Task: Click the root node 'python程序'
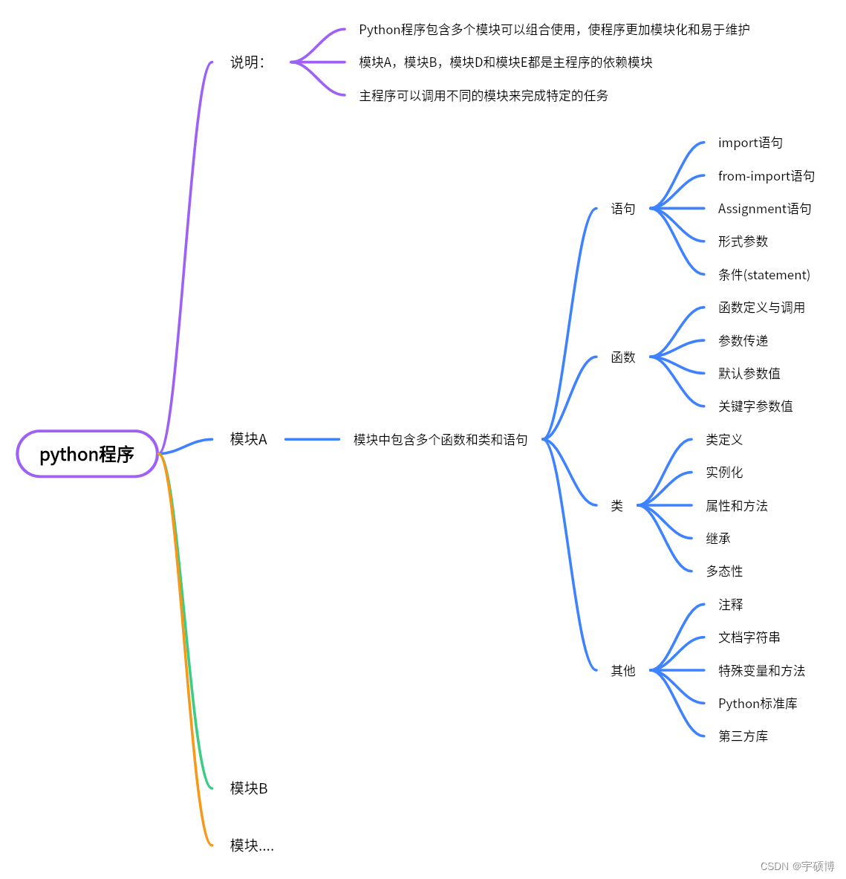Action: tap(87, 454)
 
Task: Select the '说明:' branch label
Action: tap(247, 62)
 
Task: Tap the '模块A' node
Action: tap(248, 439)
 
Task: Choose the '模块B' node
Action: tap(249, 788)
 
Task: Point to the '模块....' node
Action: tap(252, 845)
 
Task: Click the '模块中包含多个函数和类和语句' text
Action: tap(440, 440)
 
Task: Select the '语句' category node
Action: tap(623, 209)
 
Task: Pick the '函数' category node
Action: tap(623, 357)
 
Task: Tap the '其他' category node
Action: tap(623, 670)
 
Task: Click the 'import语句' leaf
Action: tap(750, 143)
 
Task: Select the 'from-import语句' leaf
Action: tap(767, 176)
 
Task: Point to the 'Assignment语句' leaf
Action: tap(765, 209)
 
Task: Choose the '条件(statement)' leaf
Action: tap(764, 275)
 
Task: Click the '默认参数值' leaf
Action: tap(749, 373)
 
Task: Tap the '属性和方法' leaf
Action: tap(737, 506)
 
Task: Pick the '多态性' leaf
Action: tap(724, 571)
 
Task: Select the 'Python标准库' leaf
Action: tap(758, 704)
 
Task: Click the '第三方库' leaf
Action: tap(743, 736)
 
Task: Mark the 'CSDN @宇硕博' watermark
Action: tap(797, 866)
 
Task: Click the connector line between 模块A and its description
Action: tap(312, 440)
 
